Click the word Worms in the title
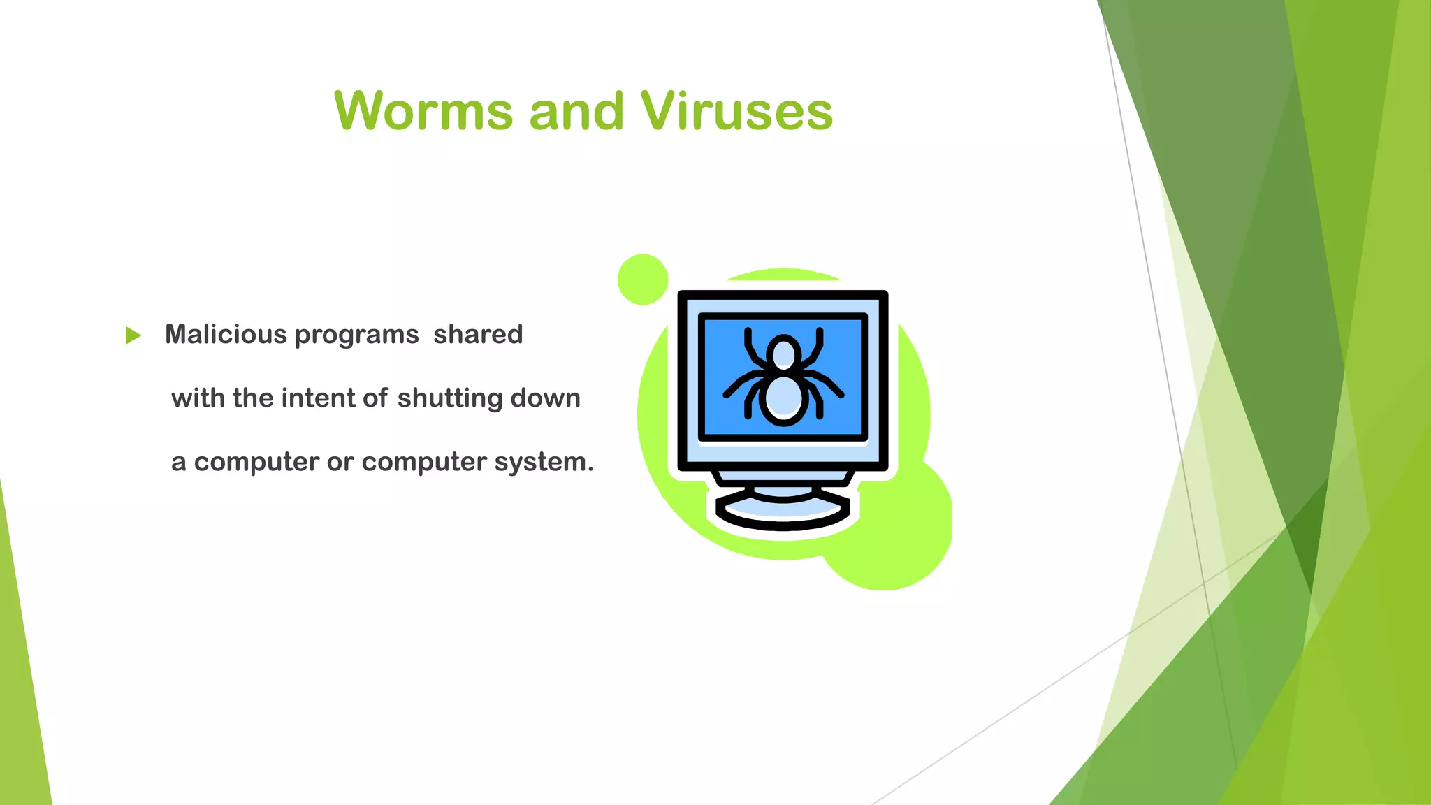coord(424,111)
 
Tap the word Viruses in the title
coord(736,111)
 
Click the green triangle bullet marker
coord(133,335)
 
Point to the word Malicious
coord(226,335)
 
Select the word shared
coord(478,335)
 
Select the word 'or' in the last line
coord(340,463)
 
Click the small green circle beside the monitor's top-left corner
coord(643,280)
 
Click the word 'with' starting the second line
coord(198,398)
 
